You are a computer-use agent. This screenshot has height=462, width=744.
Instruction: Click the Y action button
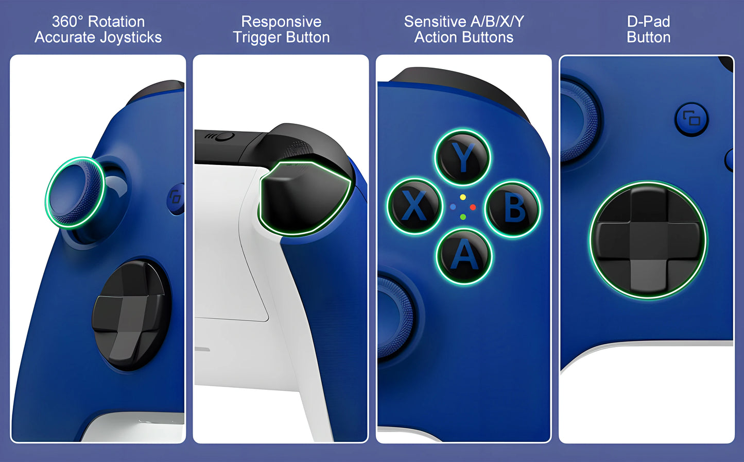(463, 157)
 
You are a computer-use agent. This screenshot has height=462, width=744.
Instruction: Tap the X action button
(415, 206)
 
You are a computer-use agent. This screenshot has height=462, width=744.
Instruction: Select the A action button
(464, 256)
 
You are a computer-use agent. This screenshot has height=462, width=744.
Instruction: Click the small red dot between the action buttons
(473, 207)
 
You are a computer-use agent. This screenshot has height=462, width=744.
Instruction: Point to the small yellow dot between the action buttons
(463, 197)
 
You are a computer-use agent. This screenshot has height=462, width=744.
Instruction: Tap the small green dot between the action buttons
(463, 217)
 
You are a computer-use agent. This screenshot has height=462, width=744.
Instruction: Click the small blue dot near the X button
(453, 207)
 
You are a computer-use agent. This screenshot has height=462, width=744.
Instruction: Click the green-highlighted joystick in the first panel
(75, 192)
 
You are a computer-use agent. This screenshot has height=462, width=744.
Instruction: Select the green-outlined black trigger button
(304, 199)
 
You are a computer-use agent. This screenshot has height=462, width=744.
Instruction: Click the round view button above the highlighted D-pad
(691, 119)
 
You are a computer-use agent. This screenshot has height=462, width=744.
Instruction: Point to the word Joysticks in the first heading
(131, 37)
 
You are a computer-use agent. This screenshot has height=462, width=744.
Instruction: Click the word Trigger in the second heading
(257, 38)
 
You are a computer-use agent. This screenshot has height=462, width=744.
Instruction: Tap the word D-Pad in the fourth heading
(648, 22)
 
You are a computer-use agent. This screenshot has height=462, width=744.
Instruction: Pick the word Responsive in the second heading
(281, 22)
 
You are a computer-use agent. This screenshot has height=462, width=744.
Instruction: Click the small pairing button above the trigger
(225, 137)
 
